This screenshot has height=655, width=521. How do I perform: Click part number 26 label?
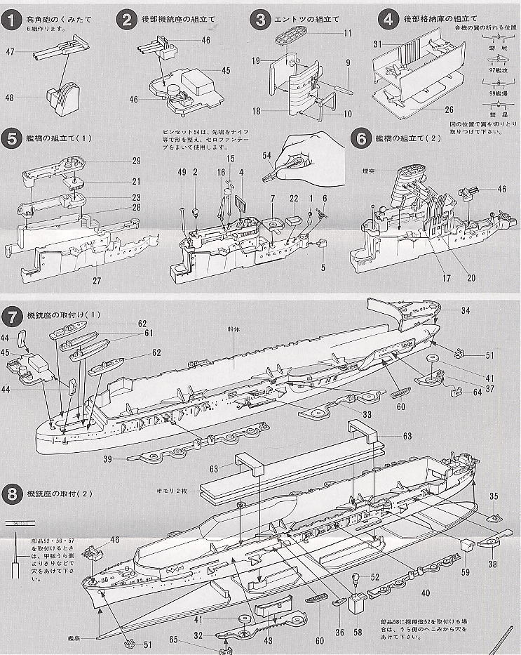[x=449, y=110]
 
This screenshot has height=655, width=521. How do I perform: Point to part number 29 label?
[x=136, y=161]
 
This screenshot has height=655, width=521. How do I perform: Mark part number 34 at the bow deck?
[x=466, y=310]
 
